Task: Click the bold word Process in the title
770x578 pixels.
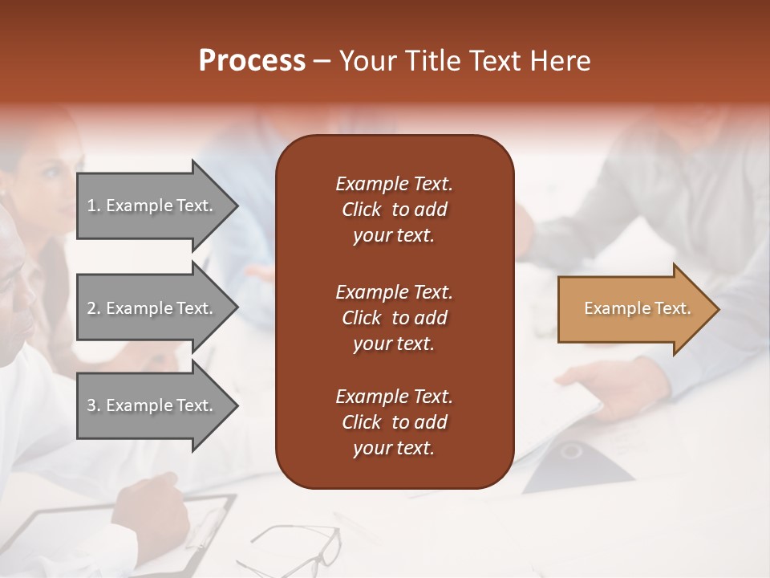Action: (x=252, y=61)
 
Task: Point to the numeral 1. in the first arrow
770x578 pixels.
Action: (x=94, y=206)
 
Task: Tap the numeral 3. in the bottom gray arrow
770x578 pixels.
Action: (x=94, y=405)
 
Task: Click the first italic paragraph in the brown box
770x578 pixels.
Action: (x=394, y=210)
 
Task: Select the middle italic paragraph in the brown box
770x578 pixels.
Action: (x=394, y=317)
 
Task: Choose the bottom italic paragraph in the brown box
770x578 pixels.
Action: (x=394, y=422)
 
